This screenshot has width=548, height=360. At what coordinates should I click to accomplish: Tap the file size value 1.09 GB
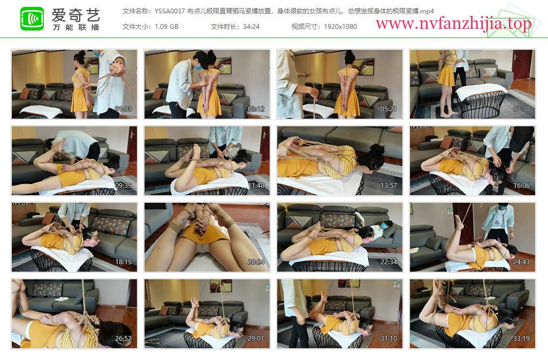click(166, 27)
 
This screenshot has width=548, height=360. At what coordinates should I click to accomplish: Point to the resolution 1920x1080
click(340, 27)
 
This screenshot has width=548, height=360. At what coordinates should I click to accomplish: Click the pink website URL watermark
click(454, 24)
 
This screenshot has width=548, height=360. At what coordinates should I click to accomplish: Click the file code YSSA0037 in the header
click(170, 11)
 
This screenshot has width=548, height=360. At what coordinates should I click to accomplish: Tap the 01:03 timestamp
click(124, 109)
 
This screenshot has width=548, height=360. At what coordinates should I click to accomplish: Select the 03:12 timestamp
click(256, 109)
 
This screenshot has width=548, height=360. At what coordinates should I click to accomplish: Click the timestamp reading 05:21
click(389, 109)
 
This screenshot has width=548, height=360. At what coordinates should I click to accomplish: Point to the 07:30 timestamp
click(521, 109)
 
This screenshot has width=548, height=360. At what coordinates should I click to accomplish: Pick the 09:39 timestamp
click(124, 186)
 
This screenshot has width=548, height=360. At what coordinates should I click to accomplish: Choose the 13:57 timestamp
click(389, 186)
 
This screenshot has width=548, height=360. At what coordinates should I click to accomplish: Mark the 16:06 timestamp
click(521, 186)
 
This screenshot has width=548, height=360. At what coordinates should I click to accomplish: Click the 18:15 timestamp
click(124, 262)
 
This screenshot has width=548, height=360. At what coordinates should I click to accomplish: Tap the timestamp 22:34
click(389, 262)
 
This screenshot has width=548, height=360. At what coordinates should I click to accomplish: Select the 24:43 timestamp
click(521, 262)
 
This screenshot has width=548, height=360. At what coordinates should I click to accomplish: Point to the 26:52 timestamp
click(124, 339)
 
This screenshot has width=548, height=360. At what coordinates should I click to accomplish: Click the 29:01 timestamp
click(256, 339)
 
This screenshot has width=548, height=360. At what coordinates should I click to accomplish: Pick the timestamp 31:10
click(389, 339)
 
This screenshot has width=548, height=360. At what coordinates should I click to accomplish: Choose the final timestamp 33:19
click(521, 339)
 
